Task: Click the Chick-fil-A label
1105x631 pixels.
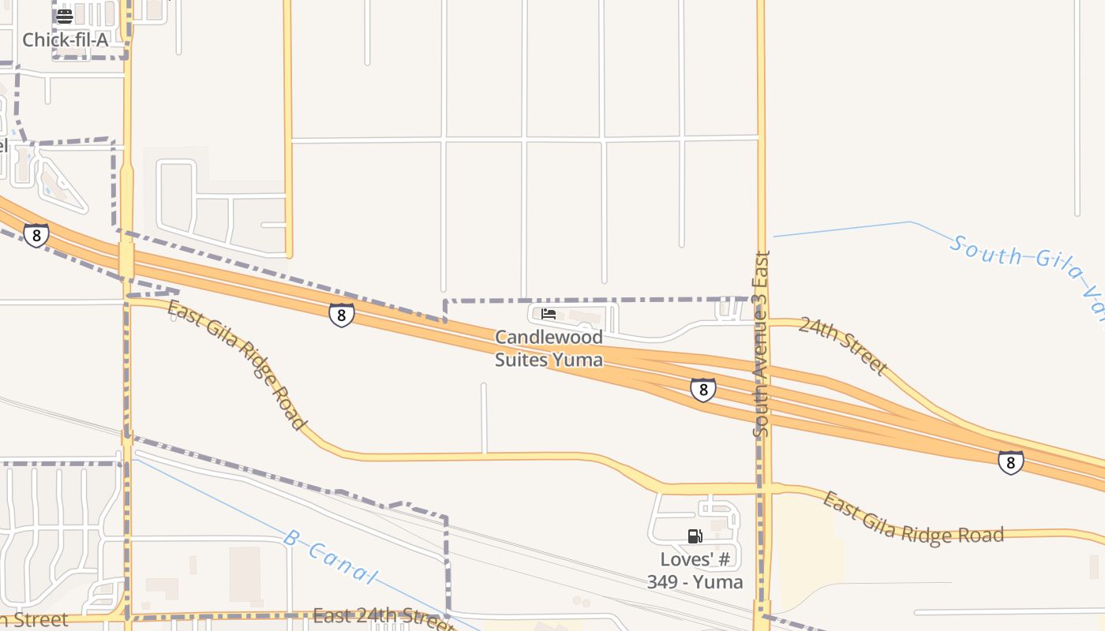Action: [65, 39]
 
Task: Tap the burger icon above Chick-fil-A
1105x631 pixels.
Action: [65, 17]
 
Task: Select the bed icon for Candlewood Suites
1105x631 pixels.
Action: [549, 314]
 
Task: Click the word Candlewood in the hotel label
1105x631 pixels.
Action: [549, 337]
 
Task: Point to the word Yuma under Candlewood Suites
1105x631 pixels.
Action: [578, 360]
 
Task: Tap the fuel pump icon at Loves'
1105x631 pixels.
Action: [695, 536]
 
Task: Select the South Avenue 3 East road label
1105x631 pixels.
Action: [761, 344]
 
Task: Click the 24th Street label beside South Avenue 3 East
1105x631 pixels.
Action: [843, 345]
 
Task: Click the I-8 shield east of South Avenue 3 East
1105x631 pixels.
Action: [1011, 462]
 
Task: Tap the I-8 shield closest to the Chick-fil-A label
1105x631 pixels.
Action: [36, 235]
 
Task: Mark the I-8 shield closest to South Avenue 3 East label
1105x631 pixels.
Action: [702, 390]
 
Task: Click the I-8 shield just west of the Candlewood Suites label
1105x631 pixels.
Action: [341, 315]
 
